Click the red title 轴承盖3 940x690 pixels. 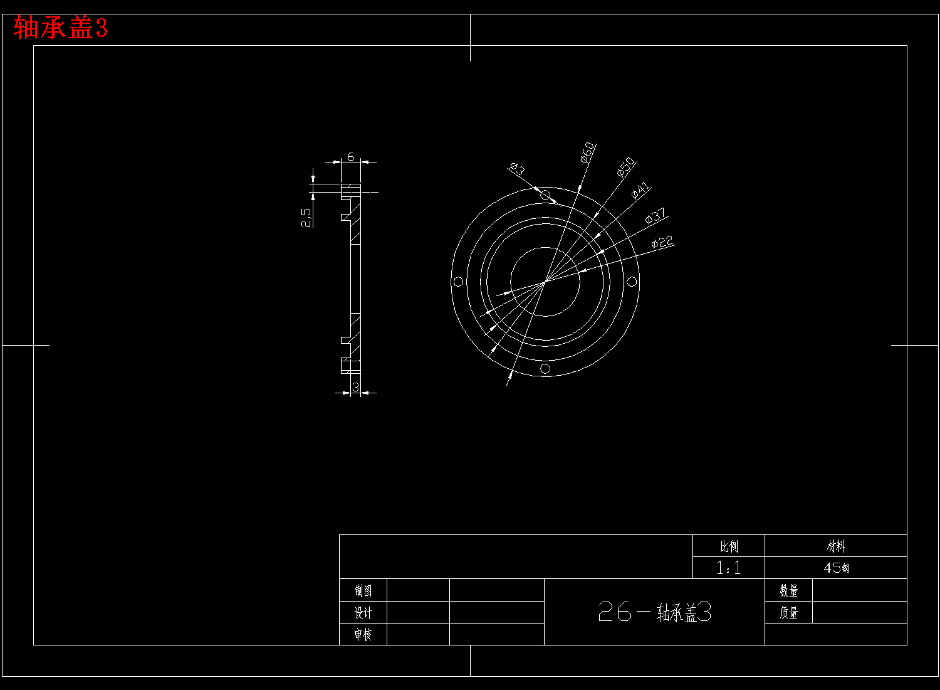tap(61, 28)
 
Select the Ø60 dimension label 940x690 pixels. tap(587, 152)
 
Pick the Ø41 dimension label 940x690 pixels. tap(640, 190)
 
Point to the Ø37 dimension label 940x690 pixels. tap(655, 216)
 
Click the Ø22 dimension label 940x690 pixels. tap(662, 242)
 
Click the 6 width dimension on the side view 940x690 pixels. tap(351, 156)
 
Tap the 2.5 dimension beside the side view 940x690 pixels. tap(306, 218)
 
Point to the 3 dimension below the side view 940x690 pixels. tap(356, 387)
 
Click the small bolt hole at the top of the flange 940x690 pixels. tap(545, 195)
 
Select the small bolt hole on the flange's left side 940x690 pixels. tap(458, 282)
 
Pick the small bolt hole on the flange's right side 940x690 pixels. tap(632, 282)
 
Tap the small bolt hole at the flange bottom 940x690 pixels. tap(545, 368)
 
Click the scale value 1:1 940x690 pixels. tap(729, 568)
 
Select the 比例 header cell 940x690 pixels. tap(729, 546)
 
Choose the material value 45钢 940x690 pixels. tap(836, 568)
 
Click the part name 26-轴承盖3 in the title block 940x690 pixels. tap(654, 612)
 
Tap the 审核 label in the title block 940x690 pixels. tap(363, 635)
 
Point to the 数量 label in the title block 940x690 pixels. tap(788, 590)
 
